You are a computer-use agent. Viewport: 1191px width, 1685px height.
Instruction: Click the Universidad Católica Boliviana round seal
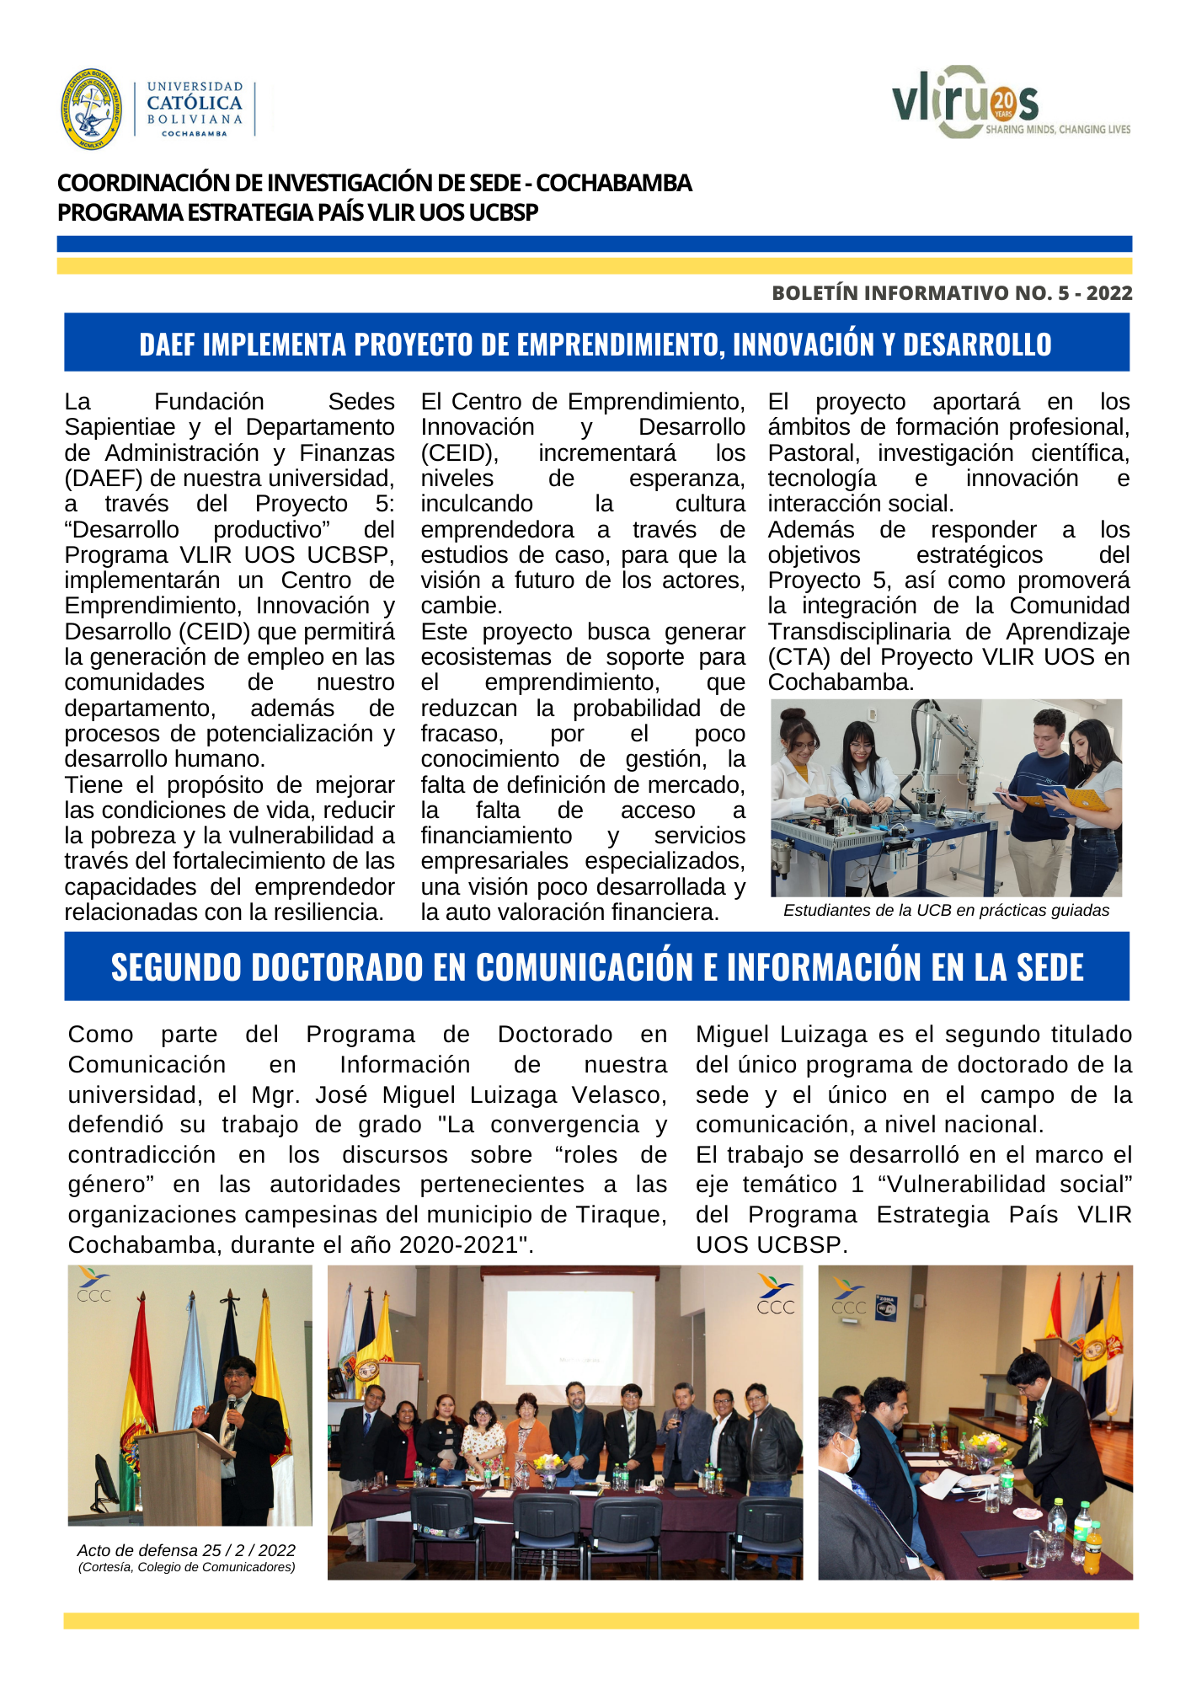tap(91, 110)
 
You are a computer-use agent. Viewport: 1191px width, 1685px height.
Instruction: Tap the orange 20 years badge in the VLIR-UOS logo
tap(1003, 104)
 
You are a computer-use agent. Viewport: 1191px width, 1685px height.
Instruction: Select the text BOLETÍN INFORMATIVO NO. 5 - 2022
tap(952, 293)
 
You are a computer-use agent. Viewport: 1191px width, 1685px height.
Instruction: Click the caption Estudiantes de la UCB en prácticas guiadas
tap(946, 911)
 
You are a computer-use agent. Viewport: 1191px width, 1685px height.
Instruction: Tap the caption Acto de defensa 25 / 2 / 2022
tap(186, 1550)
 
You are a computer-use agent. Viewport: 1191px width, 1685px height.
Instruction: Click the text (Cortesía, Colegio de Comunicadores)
tap(186, 1567)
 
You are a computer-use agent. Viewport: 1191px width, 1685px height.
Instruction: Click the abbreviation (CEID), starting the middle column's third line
tap(460, 453)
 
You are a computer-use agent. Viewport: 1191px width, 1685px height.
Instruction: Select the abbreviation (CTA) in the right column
tap(795, 657)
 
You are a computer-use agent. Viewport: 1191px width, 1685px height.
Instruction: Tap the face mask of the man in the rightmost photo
tap(851, 1449)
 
